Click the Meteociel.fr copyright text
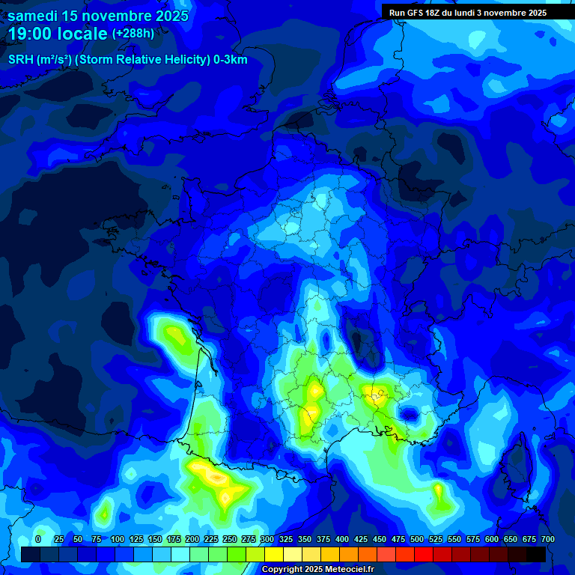[x=317, y=570]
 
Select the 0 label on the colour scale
[x=38, y=539]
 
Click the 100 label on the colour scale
[x=118, y=539]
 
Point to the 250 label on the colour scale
[x=230, y=539]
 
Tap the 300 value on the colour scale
[x=267, y=539]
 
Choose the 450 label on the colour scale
[x=380, y=539]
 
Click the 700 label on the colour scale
[x=547, y=539]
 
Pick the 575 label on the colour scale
[x=473, y=539]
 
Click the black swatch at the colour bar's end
[x=536, y=554]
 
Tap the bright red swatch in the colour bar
[x=405, y=554]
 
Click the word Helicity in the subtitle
[x=177, y=60]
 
